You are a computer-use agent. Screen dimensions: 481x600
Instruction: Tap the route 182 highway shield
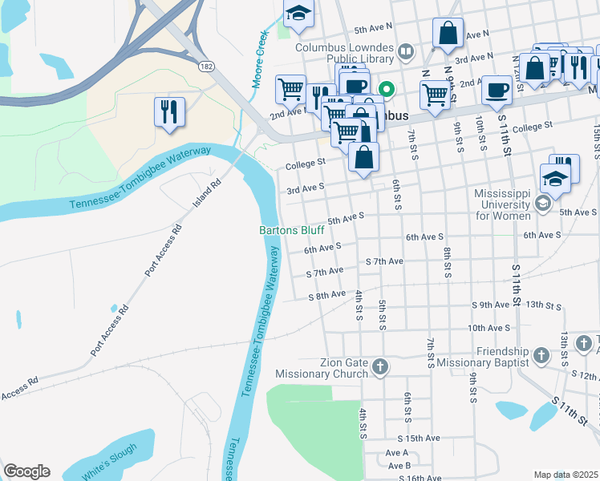click(x=207, y=67)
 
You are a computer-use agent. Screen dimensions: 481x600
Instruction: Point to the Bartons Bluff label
click(x=291, y=230)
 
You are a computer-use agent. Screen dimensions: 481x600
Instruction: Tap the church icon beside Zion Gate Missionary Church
click(x=380, y=367)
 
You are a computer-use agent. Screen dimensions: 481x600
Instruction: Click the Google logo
click(x=26, y=471)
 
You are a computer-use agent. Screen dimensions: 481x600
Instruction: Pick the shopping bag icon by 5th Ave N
click(x=448, y=34)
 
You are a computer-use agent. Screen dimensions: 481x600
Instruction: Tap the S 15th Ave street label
click(x=419, y=439)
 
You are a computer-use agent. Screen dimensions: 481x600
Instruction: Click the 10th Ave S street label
click(x=489, y=328)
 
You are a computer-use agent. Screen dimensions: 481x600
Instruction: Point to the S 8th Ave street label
click(x=326, y=296)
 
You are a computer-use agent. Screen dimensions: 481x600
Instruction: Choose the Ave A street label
click(x=399, y=452)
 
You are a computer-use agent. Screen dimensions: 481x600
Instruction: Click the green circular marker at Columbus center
click(x=386, y=89)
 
